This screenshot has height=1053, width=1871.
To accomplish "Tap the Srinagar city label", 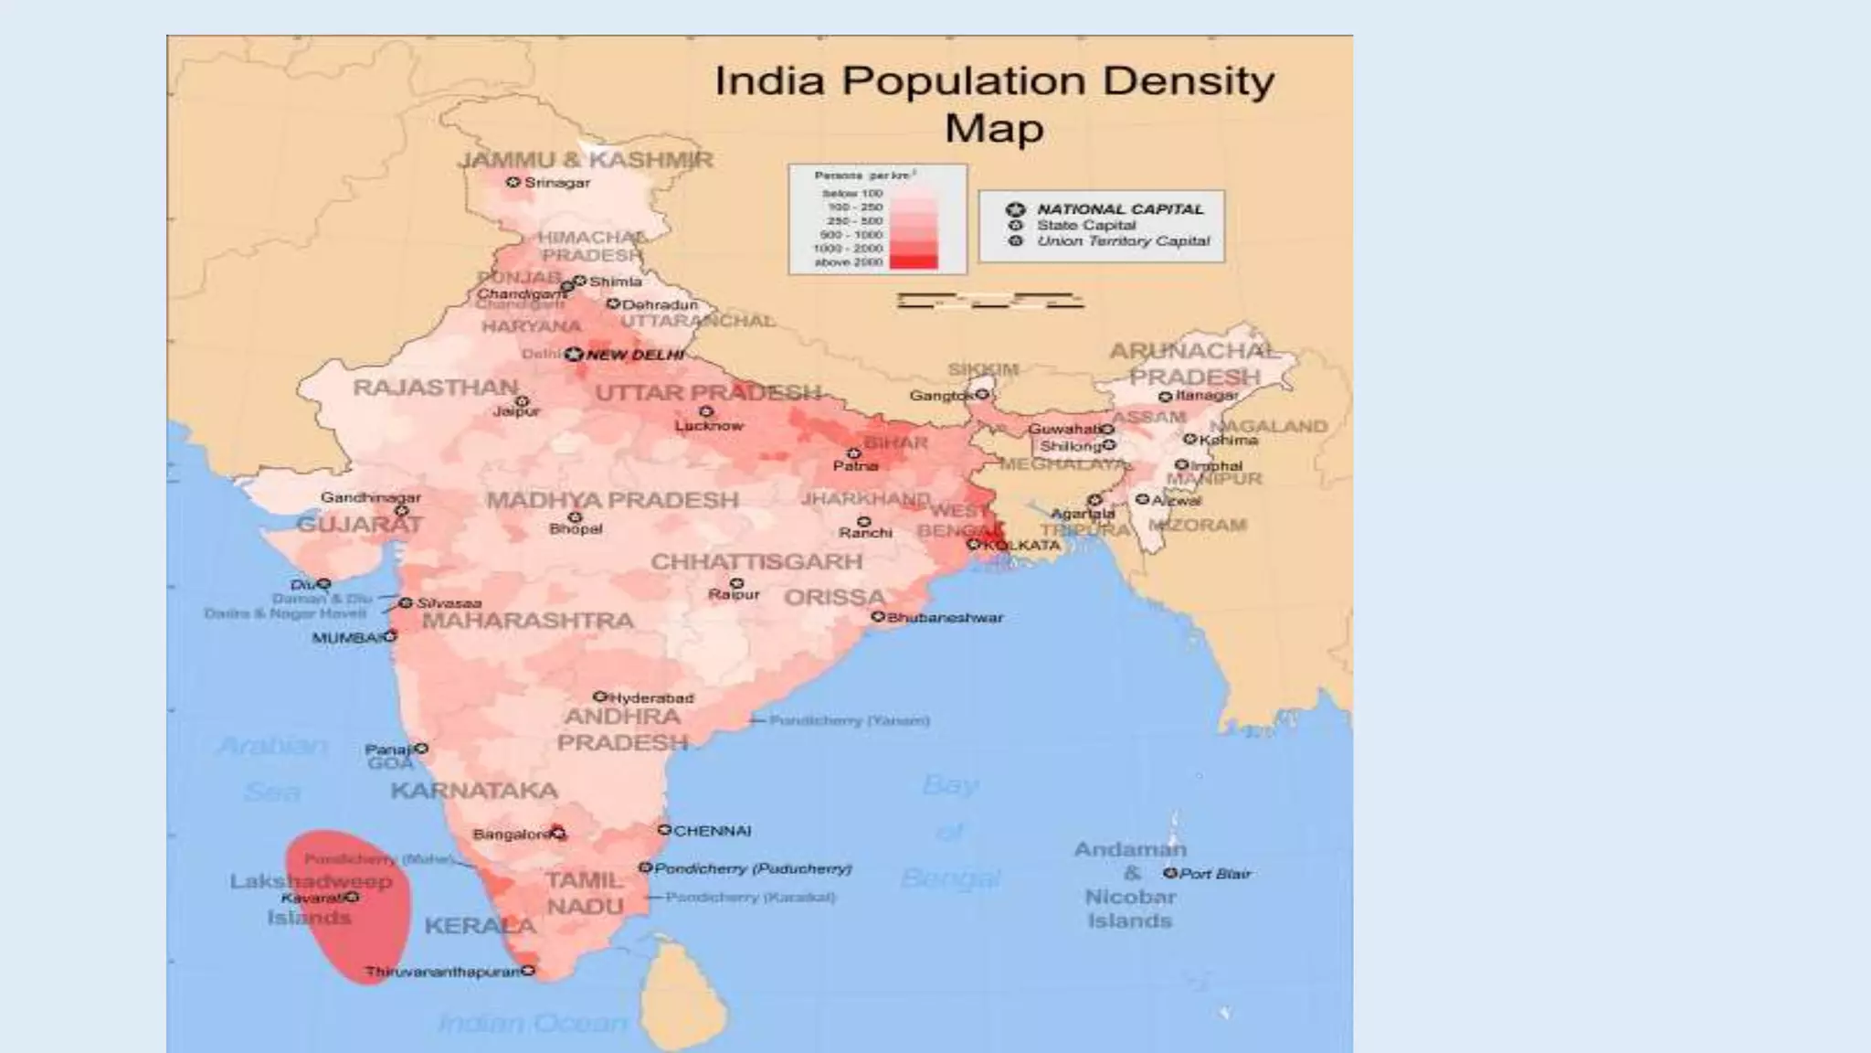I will pos(556,183).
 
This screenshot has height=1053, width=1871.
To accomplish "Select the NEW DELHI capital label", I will pos(635,355).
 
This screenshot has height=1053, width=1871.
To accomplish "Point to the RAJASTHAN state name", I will pos(436,388).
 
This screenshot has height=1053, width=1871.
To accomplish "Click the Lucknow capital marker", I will pos(705,412).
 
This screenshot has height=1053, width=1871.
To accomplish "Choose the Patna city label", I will pos(855,466).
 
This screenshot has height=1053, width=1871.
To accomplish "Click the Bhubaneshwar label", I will pos(945,618).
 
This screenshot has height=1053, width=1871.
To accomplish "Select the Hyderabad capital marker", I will pos(600,697).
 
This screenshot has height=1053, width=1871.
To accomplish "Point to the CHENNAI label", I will pos(712,831).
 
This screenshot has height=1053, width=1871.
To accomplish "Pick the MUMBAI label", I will pos(347,638).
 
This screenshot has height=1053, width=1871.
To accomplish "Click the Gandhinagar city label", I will pos(371,497).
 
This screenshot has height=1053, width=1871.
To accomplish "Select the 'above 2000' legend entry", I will pos(851,262).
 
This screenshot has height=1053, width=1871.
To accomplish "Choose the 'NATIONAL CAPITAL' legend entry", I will pos(1120,209).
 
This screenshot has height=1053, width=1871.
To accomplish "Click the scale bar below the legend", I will pos(990,301).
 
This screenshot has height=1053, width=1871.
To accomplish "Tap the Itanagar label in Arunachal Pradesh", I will pos(1207,396).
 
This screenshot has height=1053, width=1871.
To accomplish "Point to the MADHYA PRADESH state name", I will pos(612,500).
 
